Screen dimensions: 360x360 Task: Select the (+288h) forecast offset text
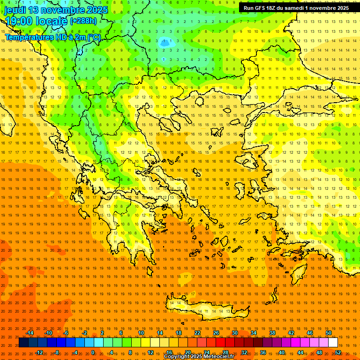(x=83, y=21)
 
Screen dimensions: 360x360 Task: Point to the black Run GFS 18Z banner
(x=296, y=8)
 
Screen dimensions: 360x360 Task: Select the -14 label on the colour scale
(x=30, y=333)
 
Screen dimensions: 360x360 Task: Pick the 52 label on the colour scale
(x=337, y=352)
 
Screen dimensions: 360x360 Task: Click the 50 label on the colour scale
(x=328, y=333)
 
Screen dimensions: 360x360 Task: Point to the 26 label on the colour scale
(x=216, y=333)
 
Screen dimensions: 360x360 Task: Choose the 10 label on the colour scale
(x=141, y=333)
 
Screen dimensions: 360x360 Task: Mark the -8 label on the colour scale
(x=56, y=352)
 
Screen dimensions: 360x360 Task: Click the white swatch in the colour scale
(x=333, y=343)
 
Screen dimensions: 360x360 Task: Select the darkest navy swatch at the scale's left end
(x=23, y=343)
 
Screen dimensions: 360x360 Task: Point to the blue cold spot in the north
(x=164, y=42)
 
